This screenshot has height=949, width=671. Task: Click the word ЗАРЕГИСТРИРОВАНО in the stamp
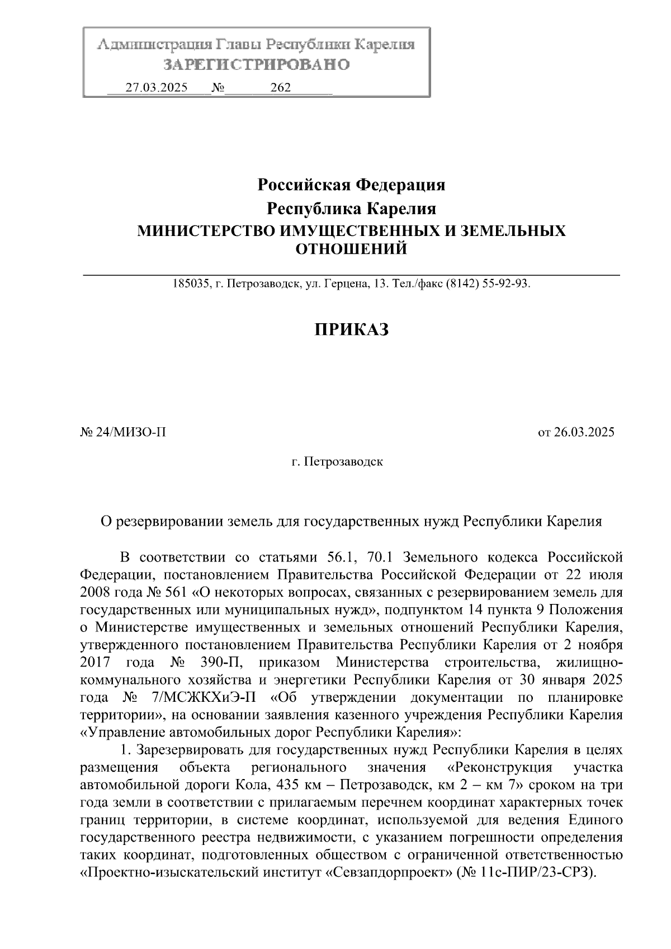point(257,65)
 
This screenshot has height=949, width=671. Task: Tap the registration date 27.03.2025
point(157,88)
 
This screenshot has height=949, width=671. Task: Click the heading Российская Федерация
point(351,184)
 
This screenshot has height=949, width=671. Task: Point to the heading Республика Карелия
point(351,209)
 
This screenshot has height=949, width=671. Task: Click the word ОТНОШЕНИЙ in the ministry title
point(351,249)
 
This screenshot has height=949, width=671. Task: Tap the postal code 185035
point(190,284)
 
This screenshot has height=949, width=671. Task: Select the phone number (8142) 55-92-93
point(486,284)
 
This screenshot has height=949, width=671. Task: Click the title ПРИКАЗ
point(351,330)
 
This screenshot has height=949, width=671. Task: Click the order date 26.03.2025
point(583,432)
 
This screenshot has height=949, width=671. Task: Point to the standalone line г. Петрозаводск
point(337,462)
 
